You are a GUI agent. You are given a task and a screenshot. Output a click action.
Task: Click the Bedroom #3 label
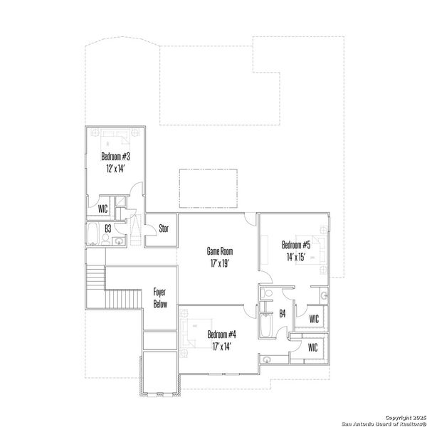click(x=115, y=156)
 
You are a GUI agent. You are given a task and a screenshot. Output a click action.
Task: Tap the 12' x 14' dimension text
click(x=115, y=169)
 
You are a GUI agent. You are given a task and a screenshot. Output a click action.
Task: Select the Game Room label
click(x=219, y=251)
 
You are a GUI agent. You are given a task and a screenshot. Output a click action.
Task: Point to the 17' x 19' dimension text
click(x=219, y=264)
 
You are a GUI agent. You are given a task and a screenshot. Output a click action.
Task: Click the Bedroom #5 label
click(x=297, y=245)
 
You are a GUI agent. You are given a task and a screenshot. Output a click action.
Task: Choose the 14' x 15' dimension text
click(x=297, y=258)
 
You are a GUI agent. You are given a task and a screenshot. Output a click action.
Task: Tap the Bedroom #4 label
click(x=221, y=334)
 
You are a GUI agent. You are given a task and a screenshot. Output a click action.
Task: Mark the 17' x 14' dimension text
click(x=221, y=347)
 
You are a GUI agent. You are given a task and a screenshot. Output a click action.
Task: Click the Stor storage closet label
click(x=163, y=229)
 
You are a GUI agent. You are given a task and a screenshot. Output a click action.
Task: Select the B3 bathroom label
click(x=107, y=229)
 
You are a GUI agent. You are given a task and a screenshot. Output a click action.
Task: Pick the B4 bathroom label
click(x=282, y=313)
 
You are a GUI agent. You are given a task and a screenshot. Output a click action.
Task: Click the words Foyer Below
click(x=160, y=297)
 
